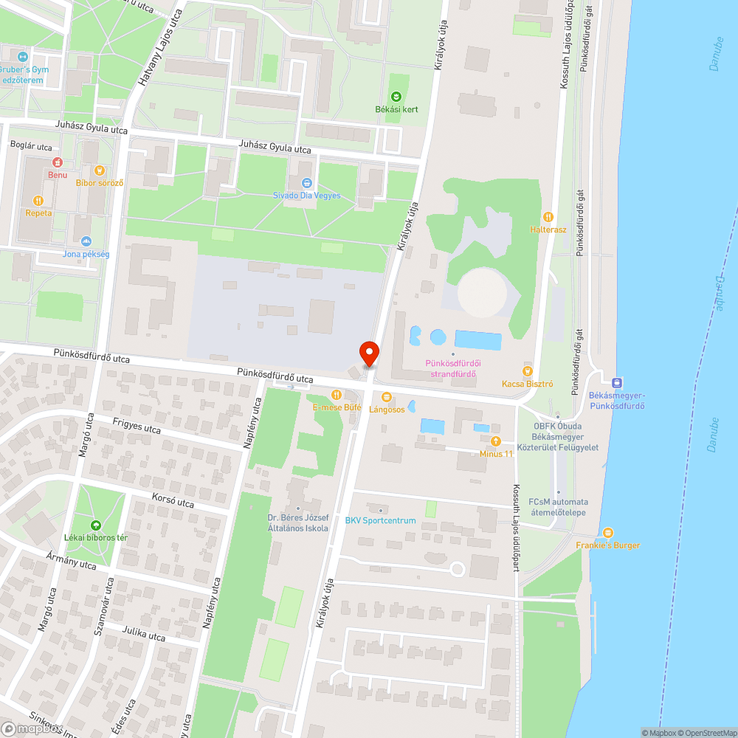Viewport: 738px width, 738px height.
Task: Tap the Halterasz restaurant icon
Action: click(548, 217)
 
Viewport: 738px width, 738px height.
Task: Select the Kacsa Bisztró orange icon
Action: click(527, 370)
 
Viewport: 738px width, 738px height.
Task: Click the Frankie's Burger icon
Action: click(608, 533)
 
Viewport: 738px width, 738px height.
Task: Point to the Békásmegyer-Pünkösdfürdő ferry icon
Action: click(617, 382)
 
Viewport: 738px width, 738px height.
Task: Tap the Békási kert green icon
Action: click(396, 97)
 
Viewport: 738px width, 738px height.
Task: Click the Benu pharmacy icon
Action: click(57, 162)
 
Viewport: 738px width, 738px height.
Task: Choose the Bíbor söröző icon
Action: click(100, 170)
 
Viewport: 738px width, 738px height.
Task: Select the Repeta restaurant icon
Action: click(38, 200)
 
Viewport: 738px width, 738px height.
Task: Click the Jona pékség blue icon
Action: click(86, 241)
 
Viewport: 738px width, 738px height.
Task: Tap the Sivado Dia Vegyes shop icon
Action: click(307, 182)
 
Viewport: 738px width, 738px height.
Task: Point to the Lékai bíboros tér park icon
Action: click(95, 525)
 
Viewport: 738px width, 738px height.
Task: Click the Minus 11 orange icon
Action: click(495, 441)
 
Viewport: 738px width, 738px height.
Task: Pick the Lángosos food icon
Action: click(386, 398)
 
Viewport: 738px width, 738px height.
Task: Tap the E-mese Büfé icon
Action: click(336, 395)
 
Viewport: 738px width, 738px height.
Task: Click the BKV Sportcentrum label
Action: click(381, 520)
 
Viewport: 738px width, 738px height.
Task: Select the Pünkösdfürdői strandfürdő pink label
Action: click(453, 368)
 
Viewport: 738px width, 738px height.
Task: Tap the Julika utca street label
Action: click(144, 634)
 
